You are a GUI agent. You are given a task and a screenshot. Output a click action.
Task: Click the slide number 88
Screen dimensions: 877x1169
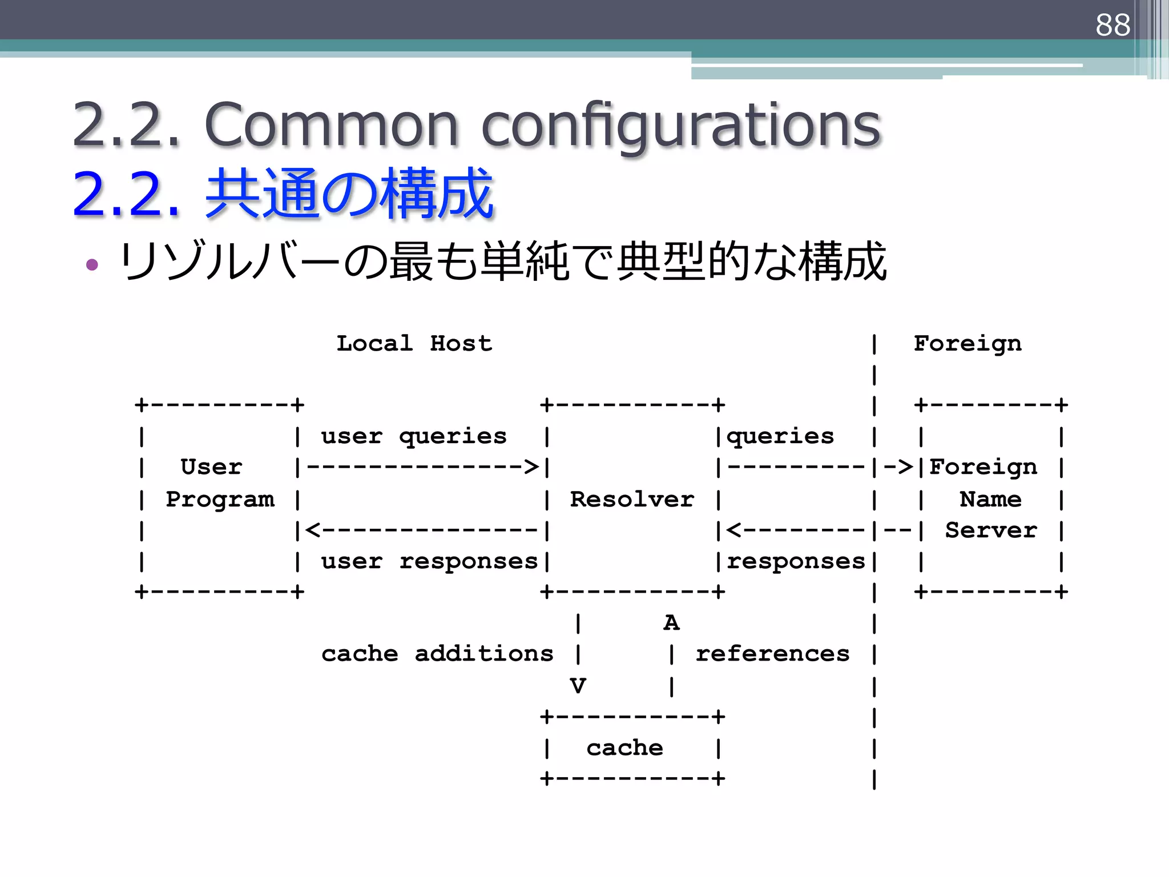click(x=1112, y=25)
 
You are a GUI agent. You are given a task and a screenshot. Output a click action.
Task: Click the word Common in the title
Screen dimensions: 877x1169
click(x=331, y=124)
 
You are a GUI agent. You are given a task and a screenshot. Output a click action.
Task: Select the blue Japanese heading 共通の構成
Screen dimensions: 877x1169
click(x=349, y=194)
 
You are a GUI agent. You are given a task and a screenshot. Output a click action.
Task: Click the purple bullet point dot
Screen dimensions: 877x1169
click(x=92, y=264)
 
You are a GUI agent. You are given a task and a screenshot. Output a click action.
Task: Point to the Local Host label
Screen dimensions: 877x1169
click(x=414, y=344)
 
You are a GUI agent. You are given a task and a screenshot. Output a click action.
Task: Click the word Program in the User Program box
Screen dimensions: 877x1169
click(x=220, y=500)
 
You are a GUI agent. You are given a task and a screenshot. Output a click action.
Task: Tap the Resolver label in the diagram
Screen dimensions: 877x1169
click(x=632, y=500)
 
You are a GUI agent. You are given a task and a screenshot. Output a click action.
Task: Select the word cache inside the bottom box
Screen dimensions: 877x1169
click(x=624, y=748)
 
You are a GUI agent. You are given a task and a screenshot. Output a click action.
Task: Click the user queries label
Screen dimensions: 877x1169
click(x=413, y=437)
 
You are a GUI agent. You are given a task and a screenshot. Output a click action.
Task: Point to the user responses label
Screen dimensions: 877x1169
click(x=429, y=562)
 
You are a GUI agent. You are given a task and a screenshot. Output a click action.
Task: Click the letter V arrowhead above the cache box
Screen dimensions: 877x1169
click(x=578, y=686)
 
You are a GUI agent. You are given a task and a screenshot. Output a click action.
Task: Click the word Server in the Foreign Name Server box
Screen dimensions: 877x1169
click(x=990, y=531)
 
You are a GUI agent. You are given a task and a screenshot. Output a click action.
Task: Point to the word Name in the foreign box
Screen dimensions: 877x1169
click(x=990, y=500)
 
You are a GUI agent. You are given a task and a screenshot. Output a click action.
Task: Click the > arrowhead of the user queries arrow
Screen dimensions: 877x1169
click(x=531, y=467)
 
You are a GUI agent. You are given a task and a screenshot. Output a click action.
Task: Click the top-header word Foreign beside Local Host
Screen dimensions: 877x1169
click(x=968, y=344)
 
